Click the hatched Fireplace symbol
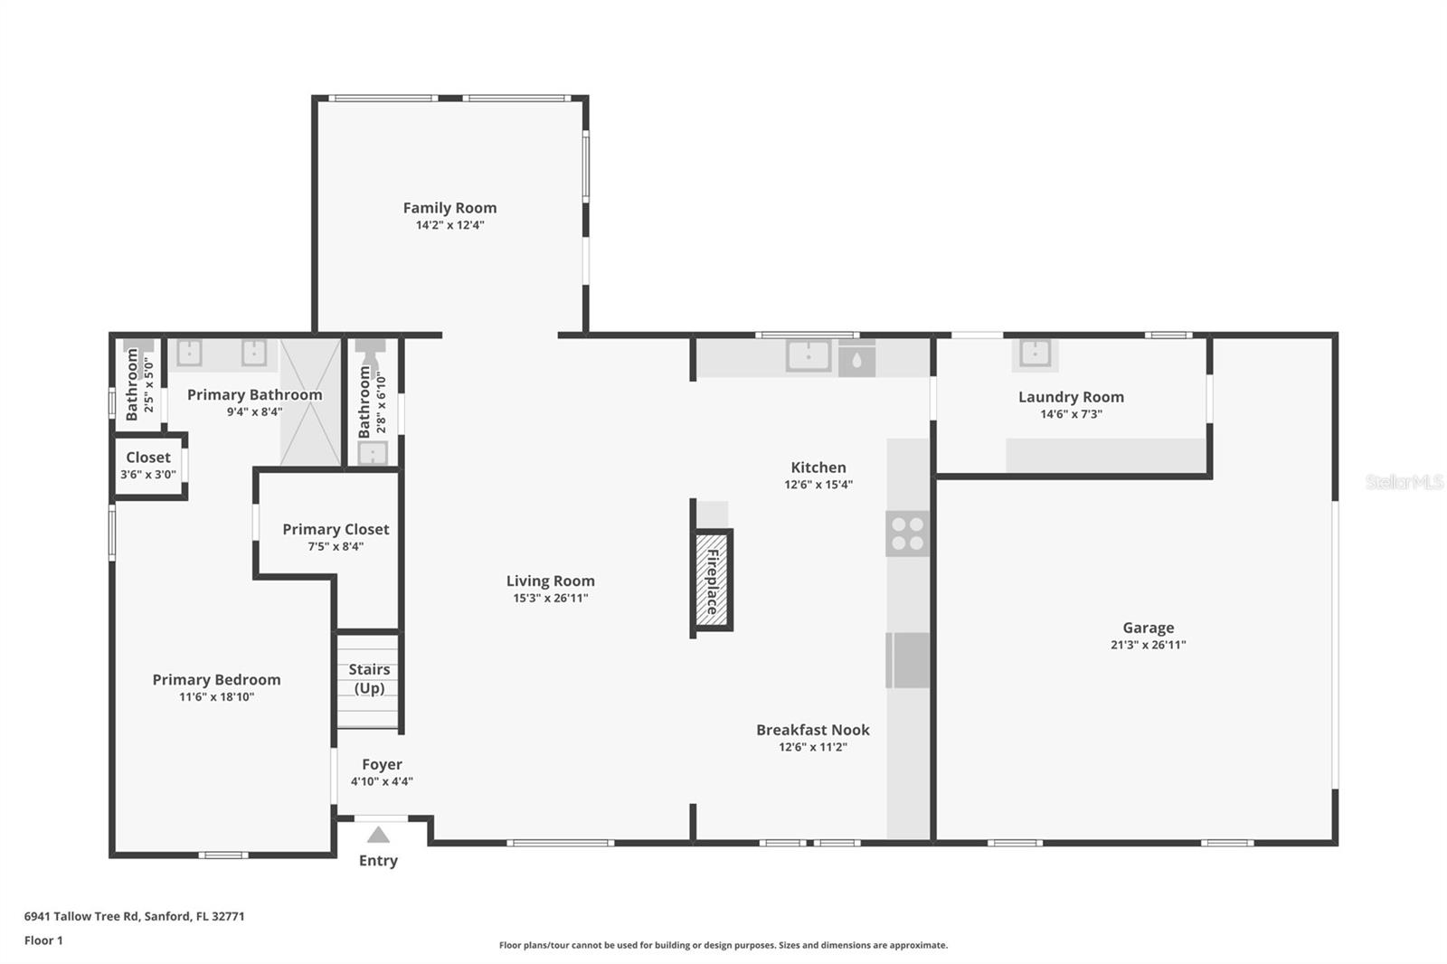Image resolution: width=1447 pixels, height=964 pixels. [713, 580]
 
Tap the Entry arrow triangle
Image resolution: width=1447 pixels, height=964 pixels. [378, 835]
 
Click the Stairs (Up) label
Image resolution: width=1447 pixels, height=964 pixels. [369, 678]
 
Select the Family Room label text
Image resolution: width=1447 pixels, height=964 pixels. [449, 208]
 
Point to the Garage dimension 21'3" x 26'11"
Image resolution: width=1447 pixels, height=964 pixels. [1148, 645]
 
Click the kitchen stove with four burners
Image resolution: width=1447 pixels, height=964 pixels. [907, 534]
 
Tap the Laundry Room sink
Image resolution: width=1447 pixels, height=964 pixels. [1035, 354]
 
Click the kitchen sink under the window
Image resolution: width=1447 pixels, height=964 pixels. [808, 355]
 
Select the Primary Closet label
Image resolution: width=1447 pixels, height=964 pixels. [336, 529]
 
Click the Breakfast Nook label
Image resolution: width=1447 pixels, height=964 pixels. [812, 730]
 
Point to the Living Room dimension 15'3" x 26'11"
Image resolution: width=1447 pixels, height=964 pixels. [550, 598]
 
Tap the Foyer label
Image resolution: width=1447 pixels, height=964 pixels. [382, 764]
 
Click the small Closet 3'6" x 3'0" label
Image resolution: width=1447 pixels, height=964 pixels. [148, 458]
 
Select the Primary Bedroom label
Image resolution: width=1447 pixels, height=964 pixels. [216, 680]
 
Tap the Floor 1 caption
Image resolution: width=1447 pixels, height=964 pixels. [43, 940]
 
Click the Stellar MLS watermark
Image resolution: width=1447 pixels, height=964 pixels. [1404, 482]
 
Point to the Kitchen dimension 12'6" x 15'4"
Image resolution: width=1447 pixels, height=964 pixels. [818, 485]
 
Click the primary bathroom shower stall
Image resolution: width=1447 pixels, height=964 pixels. [310, 403]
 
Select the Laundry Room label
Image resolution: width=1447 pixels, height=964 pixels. [1071, 397]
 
